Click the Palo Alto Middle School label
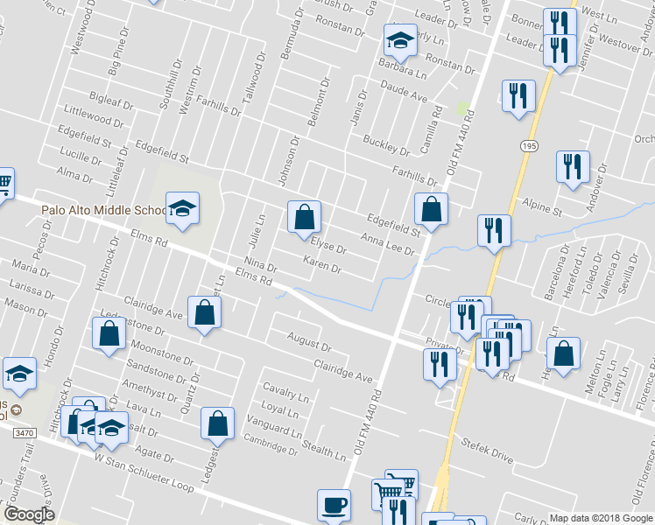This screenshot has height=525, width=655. [103, 211]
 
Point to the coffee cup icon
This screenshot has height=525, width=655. [333, 504]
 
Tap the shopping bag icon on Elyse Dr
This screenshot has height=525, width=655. [304, 217]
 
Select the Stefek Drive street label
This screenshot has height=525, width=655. [488, 451]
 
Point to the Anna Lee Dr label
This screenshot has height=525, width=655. [387, 243]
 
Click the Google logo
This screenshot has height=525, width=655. [29, 514]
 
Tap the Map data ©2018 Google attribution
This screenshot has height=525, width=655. [601, 517]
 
